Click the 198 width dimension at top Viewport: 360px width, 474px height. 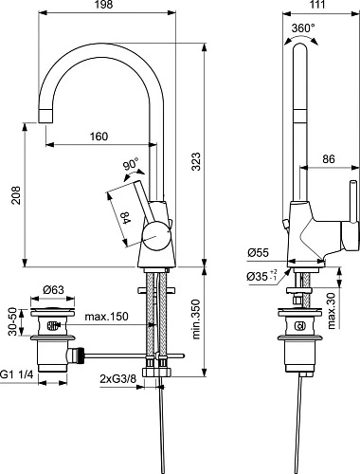point(103,8)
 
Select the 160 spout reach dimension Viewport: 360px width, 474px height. point(99,136)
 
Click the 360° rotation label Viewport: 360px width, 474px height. point(303,27)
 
